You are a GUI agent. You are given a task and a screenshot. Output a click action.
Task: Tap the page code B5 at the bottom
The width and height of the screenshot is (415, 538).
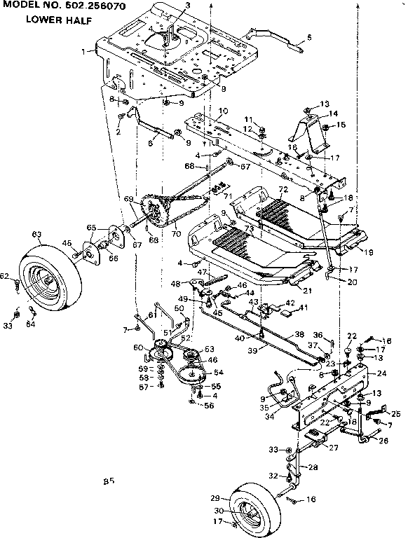pos(107,481)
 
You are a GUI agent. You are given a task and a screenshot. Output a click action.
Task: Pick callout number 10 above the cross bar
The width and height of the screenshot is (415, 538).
pos(223,111)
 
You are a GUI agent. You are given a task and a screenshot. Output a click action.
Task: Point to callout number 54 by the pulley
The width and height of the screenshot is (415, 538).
pos(218,372)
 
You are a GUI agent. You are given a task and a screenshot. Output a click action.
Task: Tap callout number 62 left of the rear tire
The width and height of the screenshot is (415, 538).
pos(4,277)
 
